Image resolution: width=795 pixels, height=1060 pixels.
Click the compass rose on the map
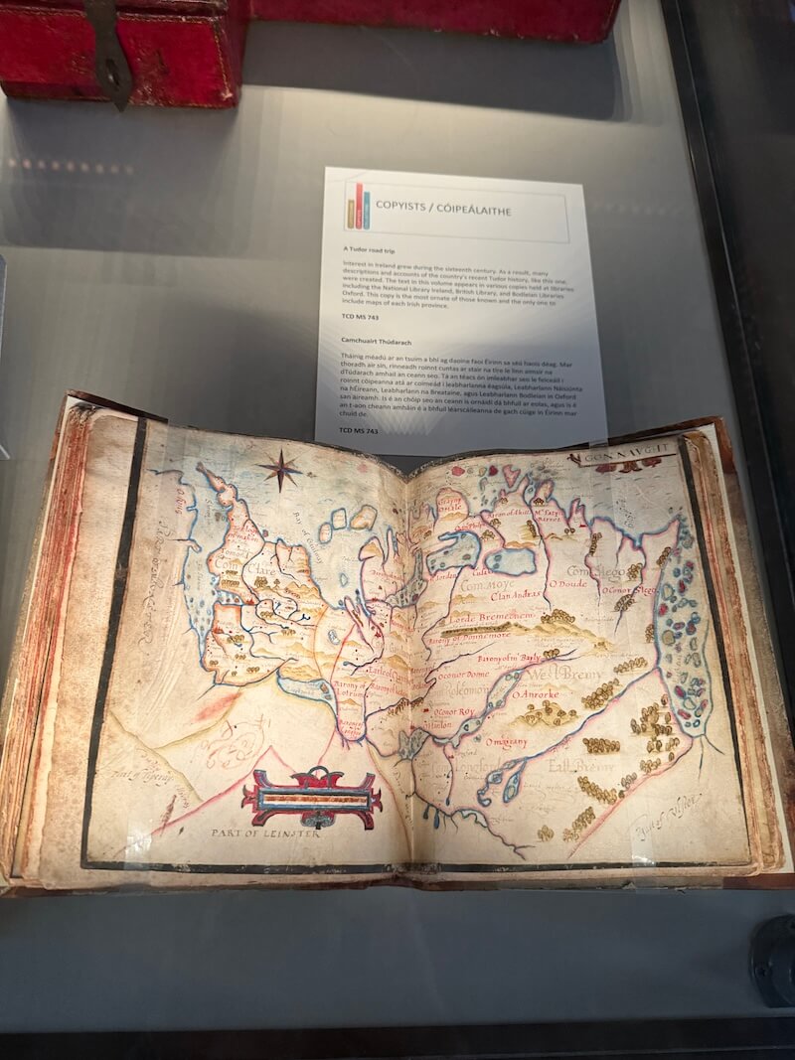[x=282, y=469]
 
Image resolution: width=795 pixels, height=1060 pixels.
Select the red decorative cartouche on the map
[x=312, y=798]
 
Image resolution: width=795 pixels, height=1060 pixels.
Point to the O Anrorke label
[x=538, y=693]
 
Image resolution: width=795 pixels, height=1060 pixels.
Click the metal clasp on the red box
[x=112, y=50]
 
